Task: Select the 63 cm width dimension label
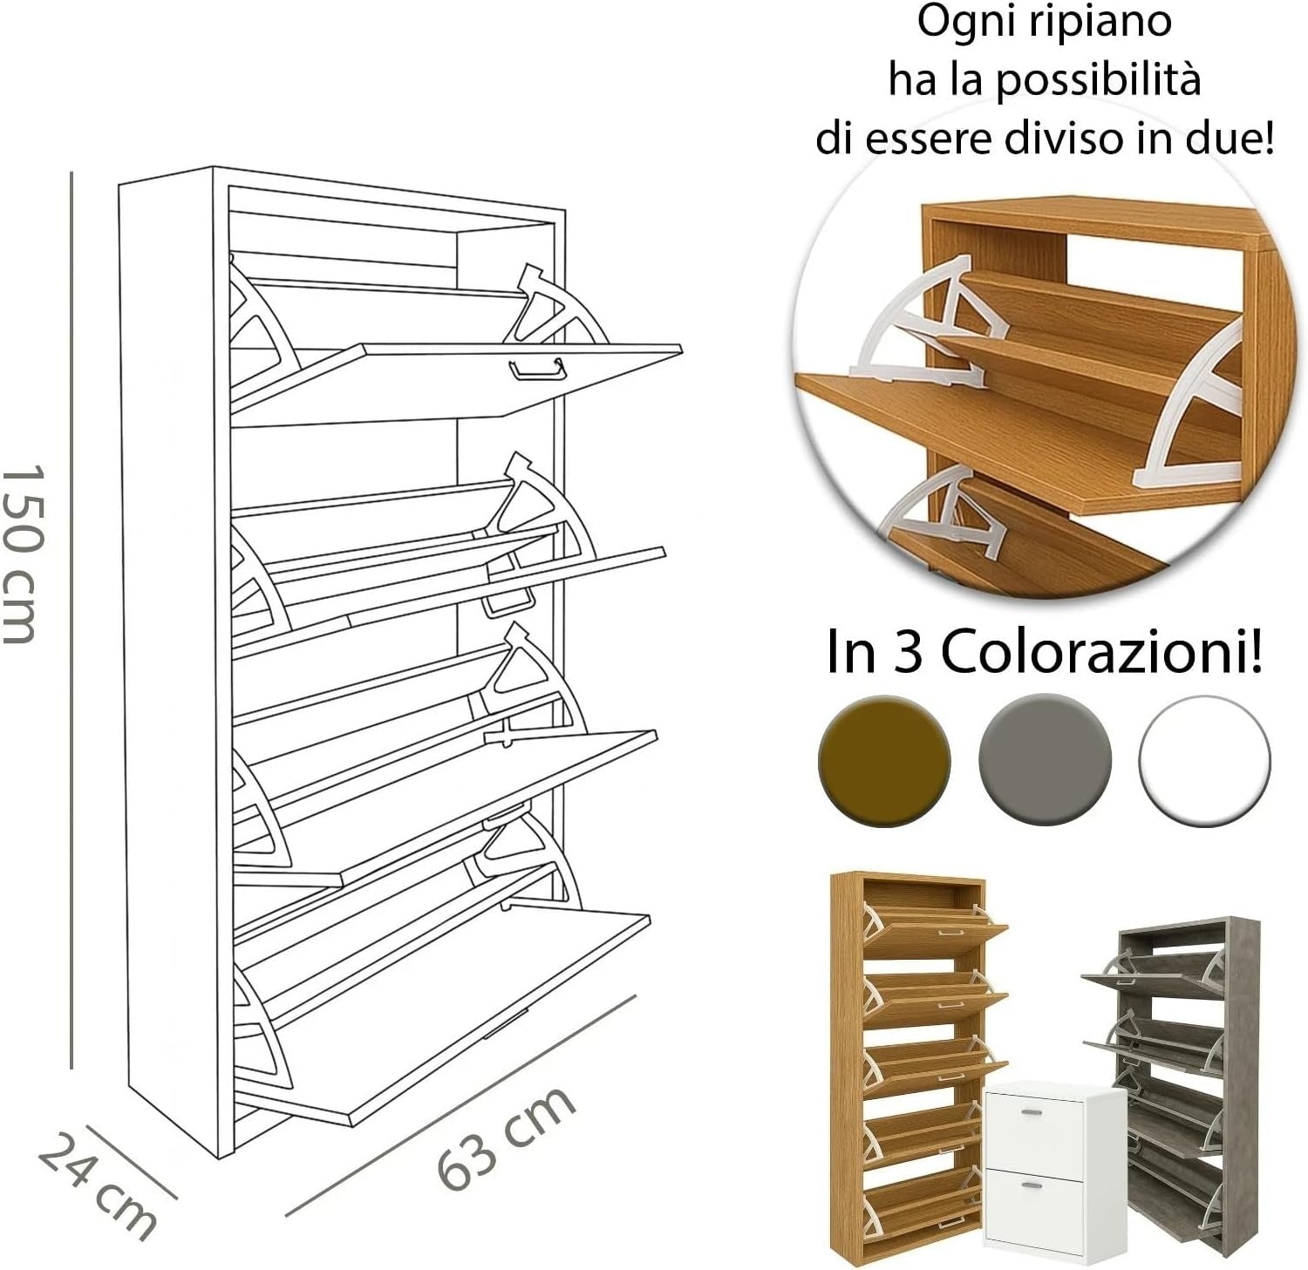[x=506, y=1138]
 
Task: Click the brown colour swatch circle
[x=884, y=760]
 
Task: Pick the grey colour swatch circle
[x=1045, y=760]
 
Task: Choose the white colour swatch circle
[x=1205, y=760]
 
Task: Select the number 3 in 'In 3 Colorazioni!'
[x=907, y=653]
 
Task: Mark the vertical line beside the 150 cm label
[x=72, y=620]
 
